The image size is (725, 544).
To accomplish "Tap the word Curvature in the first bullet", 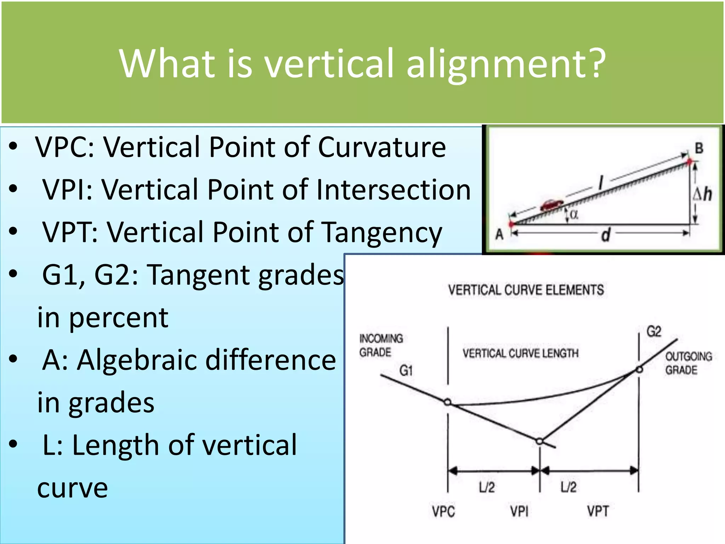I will click(x=382, y=147).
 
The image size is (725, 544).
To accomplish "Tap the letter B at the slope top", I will click(x=699, y=148).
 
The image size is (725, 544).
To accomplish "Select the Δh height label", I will click(x=702, y=194).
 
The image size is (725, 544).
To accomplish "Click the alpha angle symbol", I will click(x=574, y=214).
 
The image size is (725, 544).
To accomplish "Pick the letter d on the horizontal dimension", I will click(x=605, y=235).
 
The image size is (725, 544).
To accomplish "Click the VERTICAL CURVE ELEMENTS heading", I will click(x=526, y=290).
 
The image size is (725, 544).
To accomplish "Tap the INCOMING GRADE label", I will click(x=381, y=345).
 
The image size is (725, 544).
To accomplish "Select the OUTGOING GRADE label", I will click(x=688, y=363).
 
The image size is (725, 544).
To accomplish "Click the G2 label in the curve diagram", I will click(x=654, y=331).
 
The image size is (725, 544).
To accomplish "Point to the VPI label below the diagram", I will click(x=519, y=511).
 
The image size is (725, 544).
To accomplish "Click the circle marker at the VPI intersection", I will click(x=540, y=441).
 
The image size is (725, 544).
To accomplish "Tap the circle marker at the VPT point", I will click(x=639, y=370).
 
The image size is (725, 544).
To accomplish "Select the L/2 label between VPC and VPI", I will click(x=487, y=487).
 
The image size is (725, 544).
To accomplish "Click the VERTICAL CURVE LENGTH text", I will click(x=520, y=353).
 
